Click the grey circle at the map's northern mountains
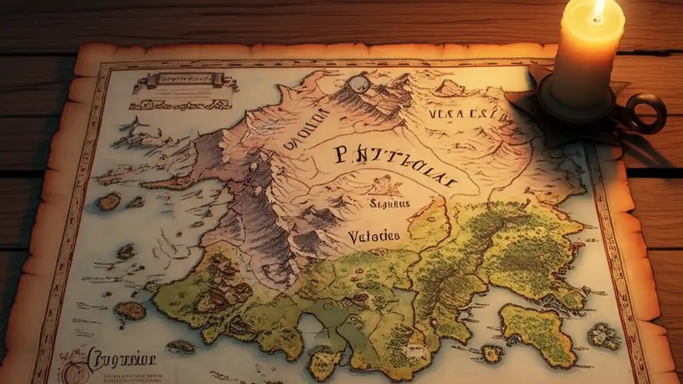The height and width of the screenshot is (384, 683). point(359,84)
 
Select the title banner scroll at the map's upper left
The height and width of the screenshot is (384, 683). point(184,81)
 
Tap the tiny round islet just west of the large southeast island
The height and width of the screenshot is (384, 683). point(491,353)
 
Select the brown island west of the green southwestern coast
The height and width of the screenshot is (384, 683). point(130,310)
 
